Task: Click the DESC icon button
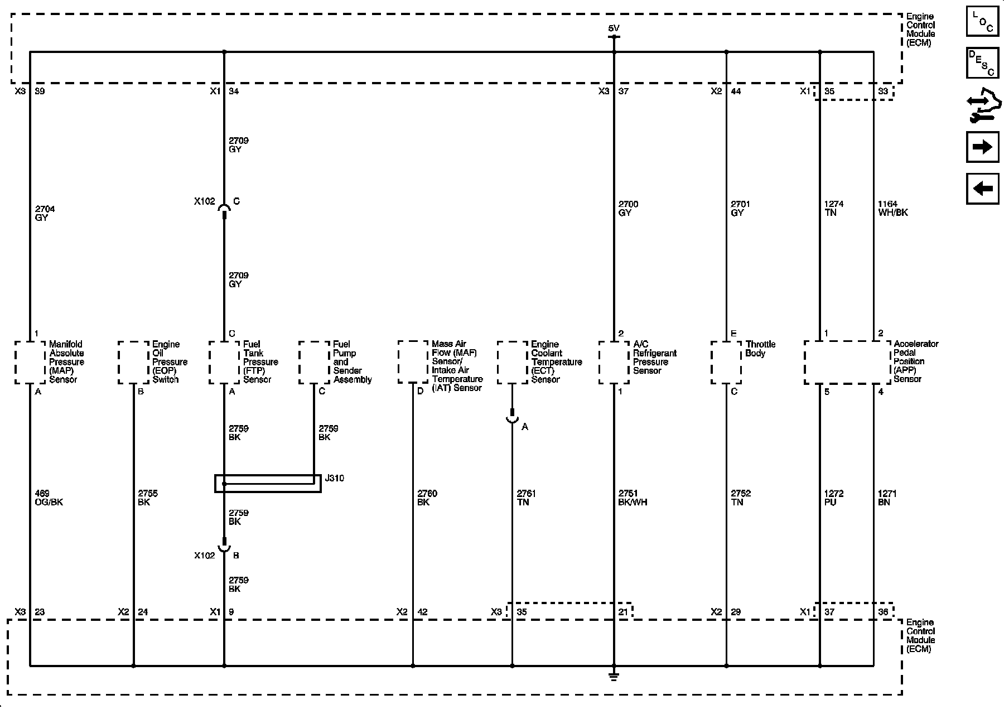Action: coord(982,63)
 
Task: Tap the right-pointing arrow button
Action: coord(982,147)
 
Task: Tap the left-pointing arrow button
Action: coord(982,189)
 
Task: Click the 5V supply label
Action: coord(614,28)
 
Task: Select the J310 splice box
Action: coord(268,483)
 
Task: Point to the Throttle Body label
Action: coord(760,349)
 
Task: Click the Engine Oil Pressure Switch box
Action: coord(134,362)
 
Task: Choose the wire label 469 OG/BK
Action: coord(49,498)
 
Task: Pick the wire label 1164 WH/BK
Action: coord(892,208)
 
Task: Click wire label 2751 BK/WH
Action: coord(633,498)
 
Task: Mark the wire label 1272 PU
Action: coord(833,498)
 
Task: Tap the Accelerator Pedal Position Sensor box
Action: coord(847,362)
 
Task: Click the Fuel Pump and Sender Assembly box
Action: coord(314,362)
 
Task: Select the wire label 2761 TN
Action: coord(526,498)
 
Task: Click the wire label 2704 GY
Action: coord(45,213)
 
